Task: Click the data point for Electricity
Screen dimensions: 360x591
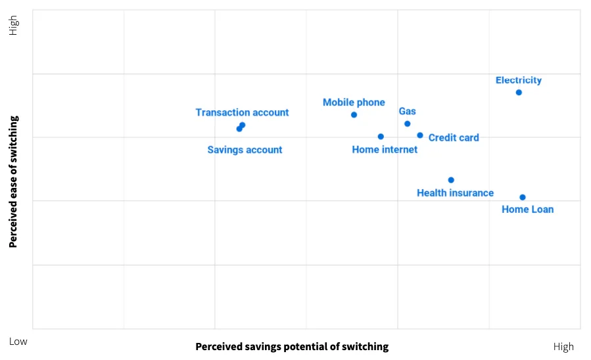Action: pyautogui.click(x=519, y=93)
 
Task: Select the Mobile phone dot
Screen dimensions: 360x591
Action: pyautogui.click(x=354, y=115)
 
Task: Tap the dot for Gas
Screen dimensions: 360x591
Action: pyautogui.click(x=407, y=124)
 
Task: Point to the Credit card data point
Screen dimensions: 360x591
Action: pyautogui.click(x=420, y=135)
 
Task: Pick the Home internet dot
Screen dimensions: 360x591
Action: pyautogui.click(x=381, y=137)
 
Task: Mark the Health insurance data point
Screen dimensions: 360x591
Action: pyautogui.click(x=451, y=180)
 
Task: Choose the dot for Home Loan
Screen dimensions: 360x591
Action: pyautogui.click(x=523, y=197)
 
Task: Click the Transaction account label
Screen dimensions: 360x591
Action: pyautogui.click(x=242, y=112)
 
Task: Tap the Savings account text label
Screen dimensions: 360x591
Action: pyautogui.click(x=245, y=150)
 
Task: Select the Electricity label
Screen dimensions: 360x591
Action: pyautogui.click(x=519, y=80)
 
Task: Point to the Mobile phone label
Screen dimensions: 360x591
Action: pyautogui.click(x=354, y=102)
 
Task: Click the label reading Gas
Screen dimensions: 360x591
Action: pyautogui.click(x=408, y=112)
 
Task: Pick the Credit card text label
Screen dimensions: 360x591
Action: pyautogui.click(x=454, y=138)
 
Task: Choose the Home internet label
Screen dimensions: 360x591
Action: pyautogui.click(x=385, y=150)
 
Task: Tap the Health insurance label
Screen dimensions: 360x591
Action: pyautogui.click(x=455, y=193)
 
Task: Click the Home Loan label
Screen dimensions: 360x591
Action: pyautogui.click(x=527, y=210)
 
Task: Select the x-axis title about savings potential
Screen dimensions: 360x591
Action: pyautogui.click(x=292, y=347)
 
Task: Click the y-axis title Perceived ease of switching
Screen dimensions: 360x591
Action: pyautogui.click(x=13, y=181)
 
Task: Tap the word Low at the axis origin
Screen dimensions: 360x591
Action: pyautogui.click(x=18, y=342)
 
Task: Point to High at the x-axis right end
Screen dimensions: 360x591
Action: pyautogui.click(x=563, y=347)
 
